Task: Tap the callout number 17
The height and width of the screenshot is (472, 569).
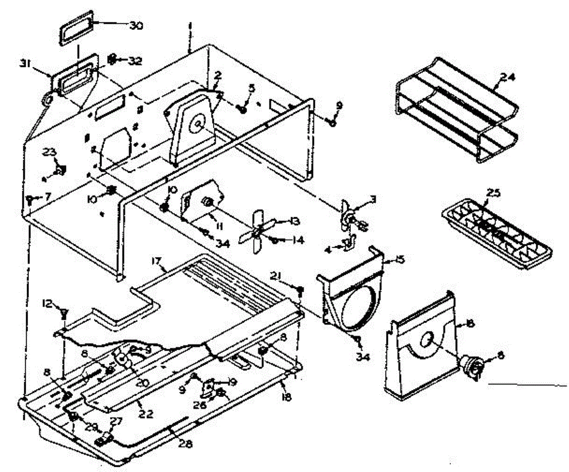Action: tap(157, 260)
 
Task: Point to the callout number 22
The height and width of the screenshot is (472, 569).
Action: tap(146, 414)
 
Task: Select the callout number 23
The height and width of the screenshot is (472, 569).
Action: tap(50, 152)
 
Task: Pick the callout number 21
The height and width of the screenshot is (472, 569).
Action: tap(277, 276)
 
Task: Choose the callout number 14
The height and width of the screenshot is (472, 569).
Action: tap(297, 240)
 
